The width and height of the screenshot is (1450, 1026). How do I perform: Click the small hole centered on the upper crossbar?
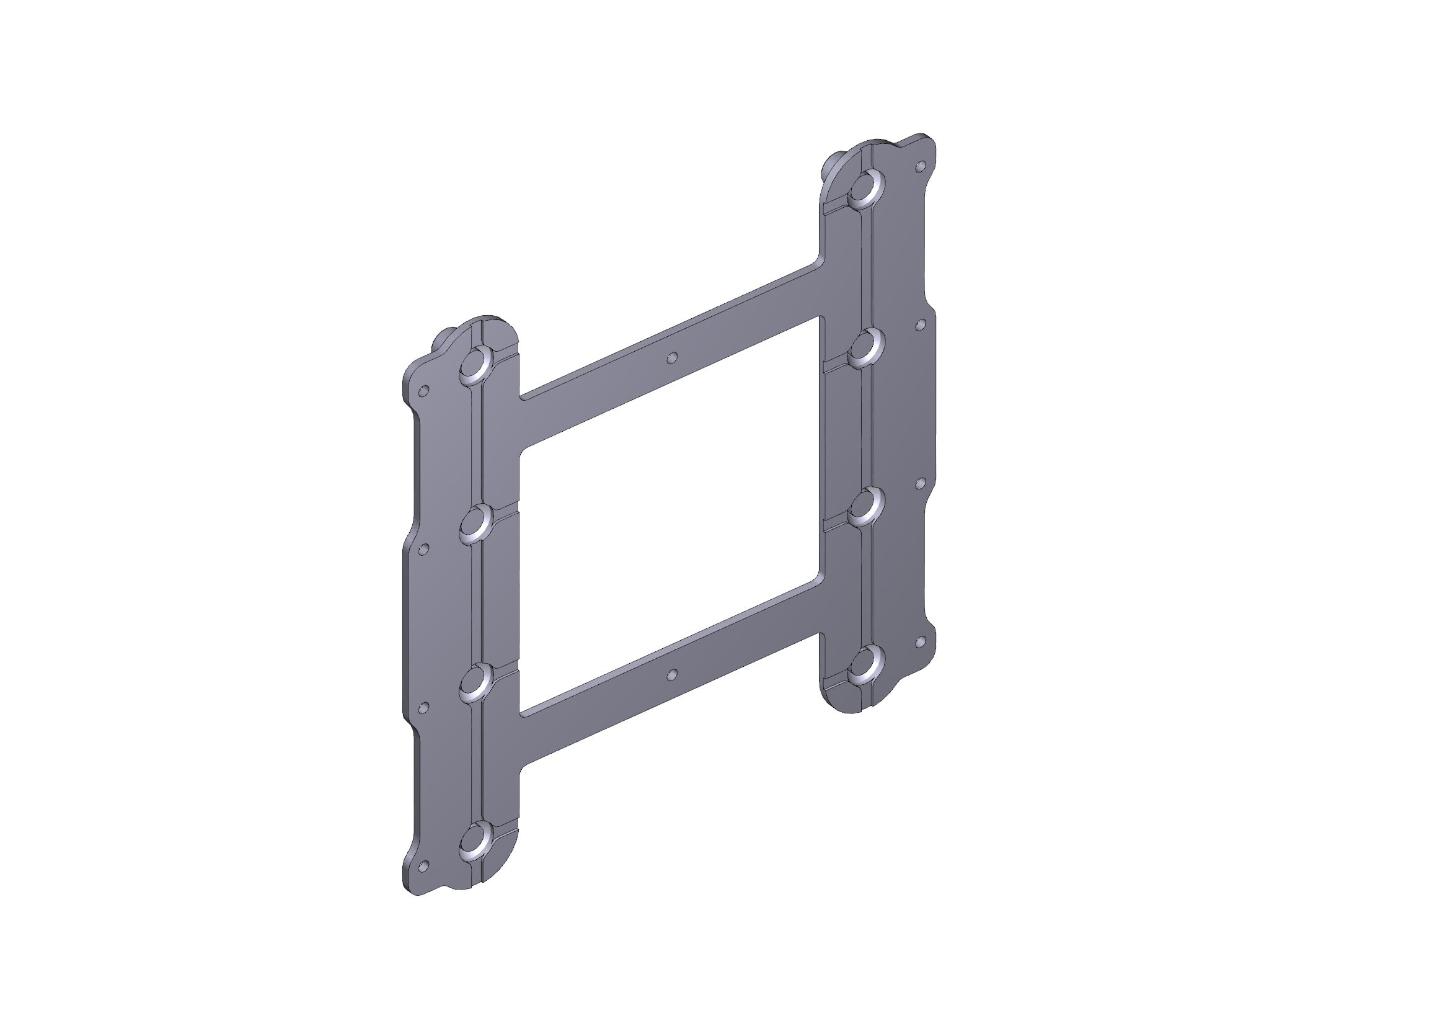coord(673,358)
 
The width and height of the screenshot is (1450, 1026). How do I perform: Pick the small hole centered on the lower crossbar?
coord(673,674)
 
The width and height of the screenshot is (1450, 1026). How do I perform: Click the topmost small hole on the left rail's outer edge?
coord(425,390)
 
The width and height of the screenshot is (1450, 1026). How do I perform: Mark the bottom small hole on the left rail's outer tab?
coord(425,865)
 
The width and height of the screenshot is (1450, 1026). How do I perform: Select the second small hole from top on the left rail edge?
coord(425,548)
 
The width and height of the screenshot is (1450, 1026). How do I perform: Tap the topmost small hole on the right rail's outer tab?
coord(921,167)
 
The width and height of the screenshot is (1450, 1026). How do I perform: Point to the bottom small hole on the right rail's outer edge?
coord(921,642)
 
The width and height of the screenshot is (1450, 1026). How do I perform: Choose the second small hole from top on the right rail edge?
coord(921,324)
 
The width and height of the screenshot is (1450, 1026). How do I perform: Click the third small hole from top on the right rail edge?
coord(921,483)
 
